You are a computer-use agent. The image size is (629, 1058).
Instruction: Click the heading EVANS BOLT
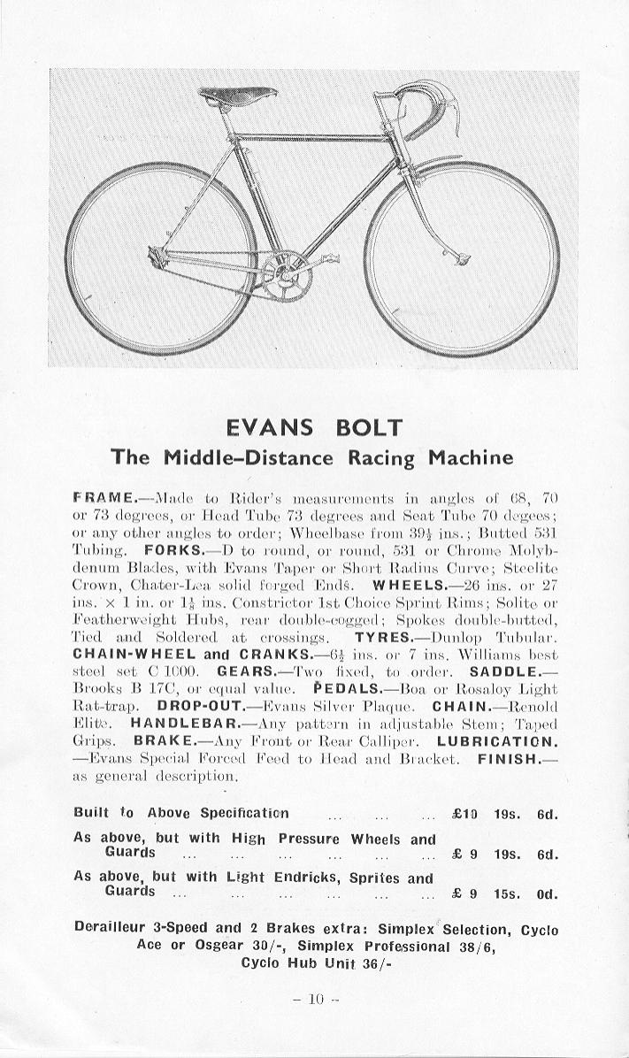coord(314,428)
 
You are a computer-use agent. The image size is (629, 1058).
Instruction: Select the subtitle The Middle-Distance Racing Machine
coord(311,457)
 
